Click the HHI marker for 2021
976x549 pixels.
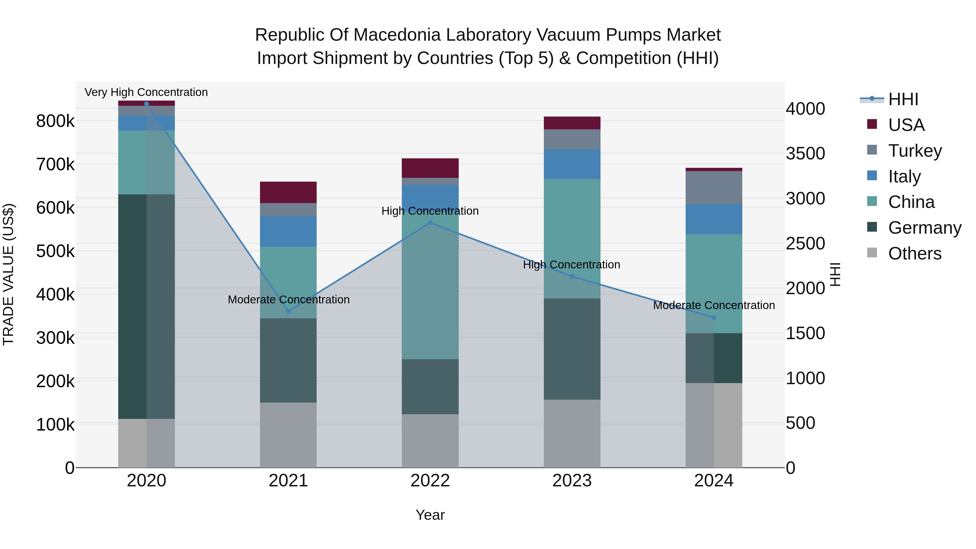point(288,311)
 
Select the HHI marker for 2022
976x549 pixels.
point(430,223)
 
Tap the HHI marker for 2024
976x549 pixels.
point(714,317)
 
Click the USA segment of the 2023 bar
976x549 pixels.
point(572,123)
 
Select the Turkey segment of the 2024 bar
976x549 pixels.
point(714,188)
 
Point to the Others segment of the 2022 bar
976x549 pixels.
point(430,440)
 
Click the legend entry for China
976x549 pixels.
point(911,202)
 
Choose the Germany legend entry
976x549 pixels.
point(924,228)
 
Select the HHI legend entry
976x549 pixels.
point(903,99)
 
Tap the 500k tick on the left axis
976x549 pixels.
point(55,251)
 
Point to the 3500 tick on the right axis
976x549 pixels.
point(805,153)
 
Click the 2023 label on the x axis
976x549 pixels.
point(572,480)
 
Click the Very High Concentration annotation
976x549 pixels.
point(146,92)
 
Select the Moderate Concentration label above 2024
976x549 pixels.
point(714,305)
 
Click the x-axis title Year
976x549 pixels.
point(430,515)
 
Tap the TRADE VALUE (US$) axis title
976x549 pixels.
point(8,274)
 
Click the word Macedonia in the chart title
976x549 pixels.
point(397,35)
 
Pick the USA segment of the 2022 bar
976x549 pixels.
point(430,168)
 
